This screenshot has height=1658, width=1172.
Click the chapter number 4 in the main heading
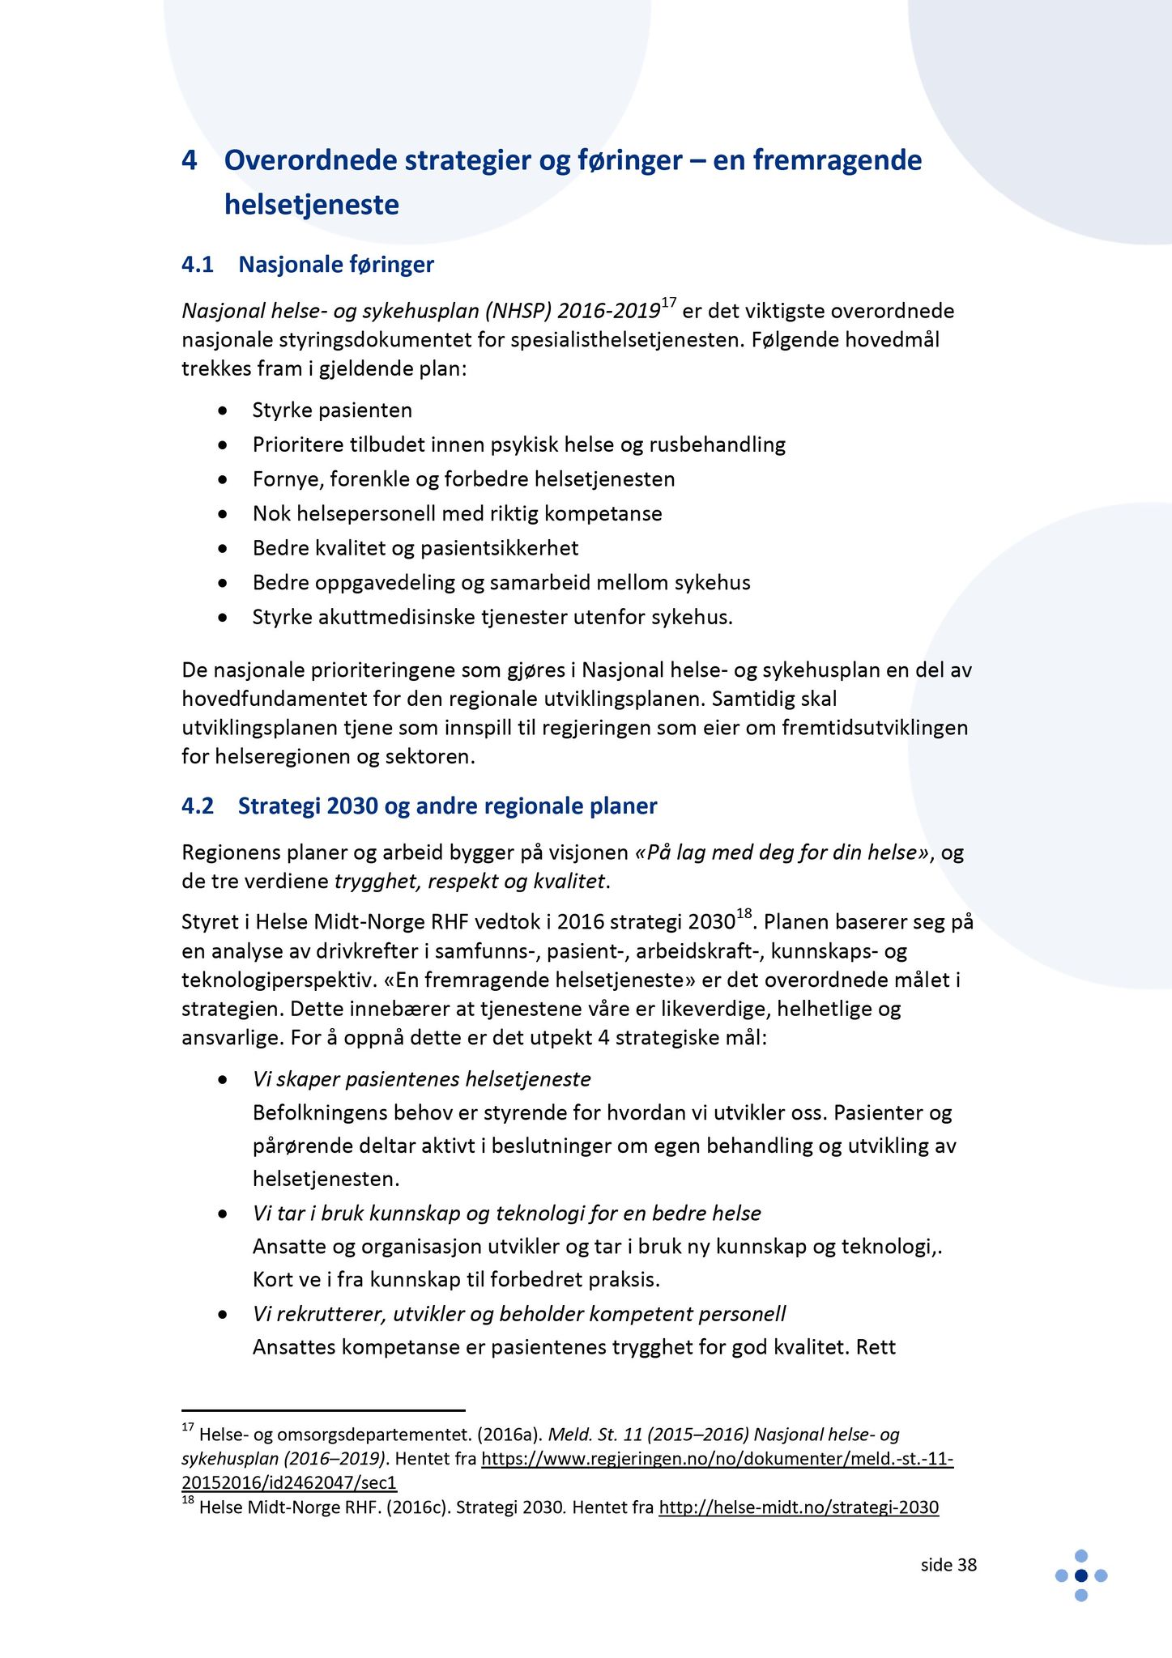pyautogui.click(x=190, y=161)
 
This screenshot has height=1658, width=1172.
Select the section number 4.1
pyautogui.click(x=198, y=265)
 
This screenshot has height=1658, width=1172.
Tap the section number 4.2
pyautogui.click(x=198, y=806)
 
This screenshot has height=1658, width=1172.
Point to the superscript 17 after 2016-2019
pyautogui.click(x=668, y=304)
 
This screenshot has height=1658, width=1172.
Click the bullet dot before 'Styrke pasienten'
pyautogui.click(x=223, y=411)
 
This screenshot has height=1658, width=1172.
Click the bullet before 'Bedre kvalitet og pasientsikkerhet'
pyautogui.click(x=223, y=549)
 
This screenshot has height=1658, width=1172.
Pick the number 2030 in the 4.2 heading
pyautogui.click(x=353, y=806)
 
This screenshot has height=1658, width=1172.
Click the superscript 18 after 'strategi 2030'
pyautogui.click(x=745, y=915)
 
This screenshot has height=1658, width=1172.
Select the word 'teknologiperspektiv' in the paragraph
pyautogui.click(x=277, y=980)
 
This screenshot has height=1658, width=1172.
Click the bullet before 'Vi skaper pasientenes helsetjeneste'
pyautogui.click(x=223, y=1081)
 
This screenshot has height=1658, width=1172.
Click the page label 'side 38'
pyautogui.click(x=948, y=1565)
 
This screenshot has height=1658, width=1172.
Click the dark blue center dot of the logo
pyautogui.click(x=1080, y=1575)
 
